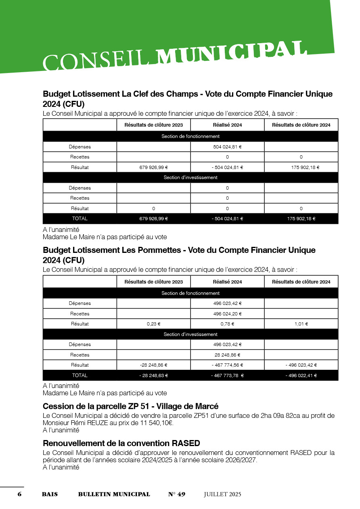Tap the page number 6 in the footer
(x=19, y=494)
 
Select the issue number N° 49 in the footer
(x=177, y=494)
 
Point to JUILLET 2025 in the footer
(x=222, y=494)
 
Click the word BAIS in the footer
(x=50, y=494)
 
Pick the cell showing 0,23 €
(x=153, y=324)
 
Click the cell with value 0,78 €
(x=227, y=324)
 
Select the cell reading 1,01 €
(x=301, y=324)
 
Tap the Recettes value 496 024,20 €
(x=227, y=313)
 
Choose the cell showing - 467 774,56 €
(x=227, y=365)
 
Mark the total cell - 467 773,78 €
(x=227, y=375)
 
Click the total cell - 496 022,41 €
(x=301, y=375)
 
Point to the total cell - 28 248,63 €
(x=153, y=375)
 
